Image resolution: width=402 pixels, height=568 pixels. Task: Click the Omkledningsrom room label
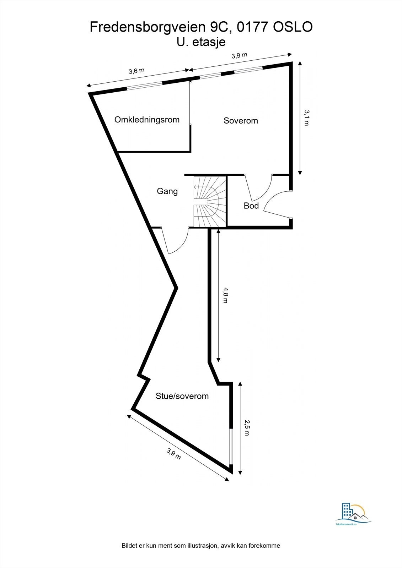coord(147,120)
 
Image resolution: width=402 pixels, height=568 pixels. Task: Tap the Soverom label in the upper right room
coord(241,121)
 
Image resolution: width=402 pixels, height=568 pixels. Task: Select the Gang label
coord(167,191)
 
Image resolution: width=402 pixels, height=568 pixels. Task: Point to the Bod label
coord(251,206)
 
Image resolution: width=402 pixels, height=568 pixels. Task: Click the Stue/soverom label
coord(182,396)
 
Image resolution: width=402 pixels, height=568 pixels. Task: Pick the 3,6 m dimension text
coord(136,71)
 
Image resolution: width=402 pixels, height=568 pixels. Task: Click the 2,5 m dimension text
coord(247,428)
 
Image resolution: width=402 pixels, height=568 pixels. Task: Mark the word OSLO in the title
coord(293,27)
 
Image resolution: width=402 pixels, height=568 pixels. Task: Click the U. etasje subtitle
coord(201,42)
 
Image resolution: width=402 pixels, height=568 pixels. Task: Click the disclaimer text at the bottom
coord(201,546)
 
